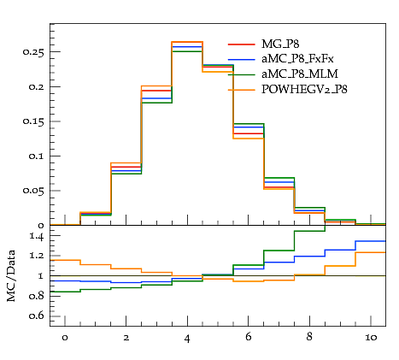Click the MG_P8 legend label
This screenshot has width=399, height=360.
(280, 44)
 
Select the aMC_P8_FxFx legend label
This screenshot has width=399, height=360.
(297, 59)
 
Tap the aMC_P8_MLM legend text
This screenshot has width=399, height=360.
(300, 74)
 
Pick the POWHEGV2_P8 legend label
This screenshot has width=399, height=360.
(304, 90)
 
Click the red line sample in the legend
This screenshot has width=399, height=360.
(242, 44)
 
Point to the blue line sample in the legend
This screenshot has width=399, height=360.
(242, 59)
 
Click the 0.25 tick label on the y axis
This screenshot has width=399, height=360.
(33, 52)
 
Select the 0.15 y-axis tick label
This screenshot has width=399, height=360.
(33, 121)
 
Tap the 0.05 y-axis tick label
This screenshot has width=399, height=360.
(33, 191)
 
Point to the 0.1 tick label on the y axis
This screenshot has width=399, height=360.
(37, 156)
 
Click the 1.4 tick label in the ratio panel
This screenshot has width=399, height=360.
(37, 237)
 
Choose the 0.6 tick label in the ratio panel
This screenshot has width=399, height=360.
(37, 316)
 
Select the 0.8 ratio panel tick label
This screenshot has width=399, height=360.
(37, 296)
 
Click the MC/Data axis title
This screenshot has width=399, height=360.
(11, 276)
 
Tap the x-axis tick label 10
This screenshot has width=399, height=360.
(371, 338)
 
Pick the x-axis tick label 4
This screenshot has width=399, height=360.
(187, 339)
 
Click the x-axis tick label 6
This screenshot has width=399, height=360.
(249, 337)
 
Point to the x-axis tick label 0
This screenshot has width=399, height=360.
(65, 338)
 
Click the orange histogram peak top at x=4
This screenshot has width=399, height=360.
(187, 42)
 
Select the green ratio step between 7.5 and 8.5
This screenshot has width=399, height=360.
(309, 231)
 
